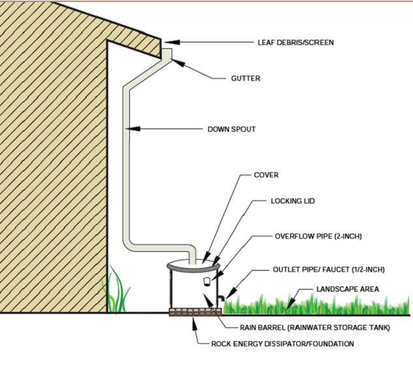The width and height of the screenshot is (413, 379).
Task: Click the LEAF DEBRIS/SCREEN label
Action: pos(296,43)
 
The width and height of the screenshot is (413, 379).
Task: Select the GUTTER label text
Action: pos(245,78)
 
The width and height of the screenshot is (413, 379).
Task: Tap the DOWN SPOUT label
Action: pos(231,129)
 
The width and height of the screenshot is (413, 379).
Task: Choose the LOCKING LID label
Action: pos(292,202)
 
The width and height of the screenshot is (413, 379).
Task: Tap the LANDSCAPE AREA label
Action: pos(347,288)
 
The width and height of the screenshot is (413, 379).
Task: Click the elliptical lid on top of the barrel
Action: pos(194,265)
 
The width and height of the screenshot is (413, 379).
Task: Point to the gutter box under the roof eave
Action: pos(167,54)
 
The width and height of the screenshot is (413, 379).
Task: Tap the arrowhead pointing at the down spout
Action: pos(134,129)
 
